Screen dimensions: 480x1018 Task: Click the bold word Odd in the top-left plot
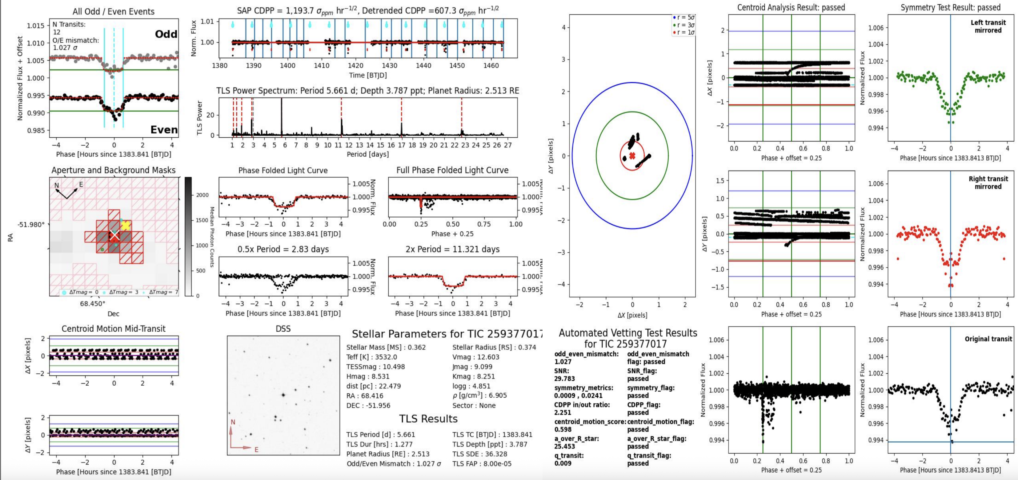click(x=166, y=34)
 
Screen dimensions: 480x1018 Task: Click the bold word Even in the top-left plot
click(x=164, y=130)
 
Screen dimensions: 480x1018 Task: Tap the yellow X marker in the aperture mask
click(x=125, y=225)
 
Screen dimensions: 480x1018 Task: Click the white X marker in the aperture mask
click(x=114, y=235)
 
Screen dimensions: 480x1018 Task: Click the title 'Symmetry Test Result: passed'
click(x=950, y=7)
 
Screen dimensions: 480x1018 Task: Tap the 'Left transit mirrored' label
click(x=988, y=26)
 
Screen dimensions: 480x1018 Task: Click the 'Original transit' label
click(x=988, y=339)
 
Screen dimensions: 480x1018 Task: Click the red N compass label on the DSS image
click(x=233, y=422)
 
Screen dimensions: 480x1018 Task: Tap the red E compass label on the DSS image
click(x=256, y=450)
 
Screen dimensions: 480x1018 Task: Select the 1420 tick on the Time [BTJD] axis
click(x=355, y=65)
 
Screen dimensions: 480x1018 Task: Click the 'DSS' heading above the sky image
click(x=283, y=329)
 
